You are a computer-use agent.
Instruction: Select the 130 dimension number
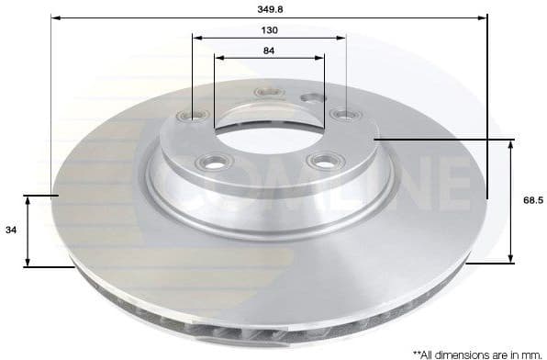pyautogui.click(x=269, y=30)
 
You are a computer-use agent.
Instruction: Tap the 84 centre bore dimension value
pyautogui.click(x=269, y=51)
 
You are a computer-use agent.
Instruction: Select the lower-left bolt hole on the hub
pyautogui.click(x=217, y=163)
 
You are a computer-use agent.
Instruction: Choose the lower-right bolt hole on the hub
pyautogui.click(x=321, y=161)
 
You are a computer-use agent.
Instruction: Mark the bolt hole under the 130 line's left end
pyautogui.click(x=194, y=115)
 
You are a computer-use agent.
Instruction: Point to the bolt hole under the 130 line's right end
pyautogui.click(x=345, y=114)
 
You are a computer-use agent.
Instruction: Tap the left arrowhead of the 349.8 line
pyautogui.click(x=54, y=17)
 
